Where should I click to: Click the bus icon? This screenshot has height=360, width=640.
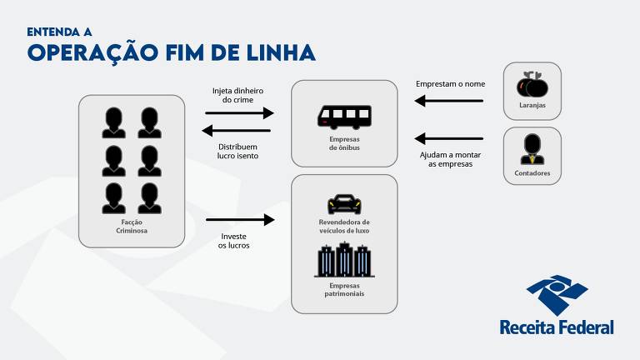coord(344,116)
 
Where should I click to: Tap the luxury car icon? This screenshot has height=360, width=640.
coord(344,203)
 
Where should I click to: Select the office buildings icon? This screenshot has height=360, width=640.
coord(343,260)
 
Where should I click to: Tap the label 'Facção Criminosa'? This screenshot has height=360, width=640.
coord(132,227)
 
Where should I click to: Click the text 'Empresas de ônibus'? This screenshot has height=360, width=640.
coord(343,143)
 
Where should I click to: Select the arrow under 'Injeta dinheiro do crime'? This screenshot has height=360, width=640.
coord(239,113)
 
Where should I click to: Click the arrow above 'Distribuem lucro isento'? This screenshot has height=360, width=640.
coord(238,131)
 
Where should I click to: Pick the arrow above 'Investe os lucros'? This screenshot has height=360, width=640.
coord(240,220)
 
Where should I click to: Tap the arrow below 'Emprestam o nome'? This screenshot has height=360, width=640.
coord(449,101)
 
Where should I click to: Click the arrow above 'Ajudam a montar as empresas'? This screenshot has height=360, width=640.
coord(449,137)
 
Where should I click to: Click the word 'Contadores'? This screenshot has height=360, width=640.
coord(532,173)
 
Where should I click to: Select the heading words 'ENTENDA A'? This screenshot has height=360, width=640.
coord(59,32)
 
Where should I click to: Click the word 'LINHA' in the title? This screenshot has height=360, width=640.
coord(276,53)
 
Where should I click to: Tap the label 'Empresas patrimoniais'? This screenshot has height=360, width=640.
coord(344,289)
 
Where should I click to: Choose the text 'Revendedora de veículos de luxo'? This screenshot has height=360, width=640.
coord(344,226)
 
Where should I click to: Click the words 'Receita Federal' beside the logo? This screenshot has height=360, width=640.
coord(557,327)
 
